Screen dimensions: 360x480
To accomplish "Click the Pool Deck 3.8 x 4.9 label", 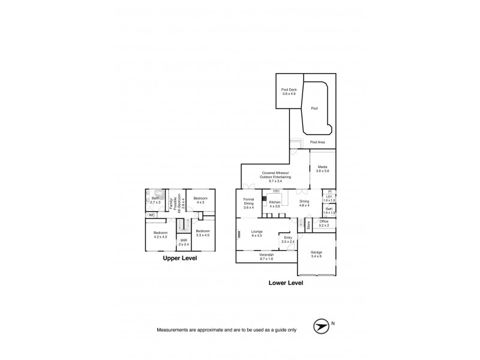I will click(289, 92).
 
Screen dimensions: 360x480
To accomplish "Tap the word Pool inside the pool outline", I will click(314, 109).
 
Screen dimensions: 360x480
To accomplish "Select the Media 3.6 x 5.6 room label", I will click(323, 169).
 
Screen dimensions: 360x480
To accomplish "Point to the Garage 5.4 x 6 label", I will click(316, 254).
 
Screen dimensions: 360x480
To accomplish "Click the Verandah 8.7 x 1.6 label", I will click(266, 256).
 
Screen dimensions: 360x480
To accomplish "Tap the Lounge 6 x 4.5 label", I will click(257, 233).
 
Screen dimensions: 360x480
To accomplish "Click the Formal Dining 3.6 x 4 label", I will click(248, 203).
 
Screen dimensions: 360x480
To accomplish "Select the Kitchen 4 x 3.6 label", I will click(275, 204).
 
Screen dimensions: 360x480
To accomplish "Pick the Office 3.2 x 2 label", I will click(323, 223).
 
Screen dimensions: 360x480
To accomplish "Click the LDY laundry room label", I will click(328, 199).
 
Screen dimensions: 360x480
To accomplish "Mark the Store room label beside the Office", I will click(308, 226).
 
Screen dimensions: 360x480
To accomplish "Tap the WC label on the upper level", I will click(152, 214).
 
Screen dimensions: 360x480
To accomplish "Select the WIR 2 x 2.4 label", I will click(184, 242).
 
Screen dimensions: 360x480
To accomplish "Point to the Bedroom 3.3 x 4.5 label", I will click(202, 232).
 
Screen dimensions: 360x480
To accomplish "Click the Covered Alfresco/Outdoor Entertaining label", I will click(275, 176).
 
